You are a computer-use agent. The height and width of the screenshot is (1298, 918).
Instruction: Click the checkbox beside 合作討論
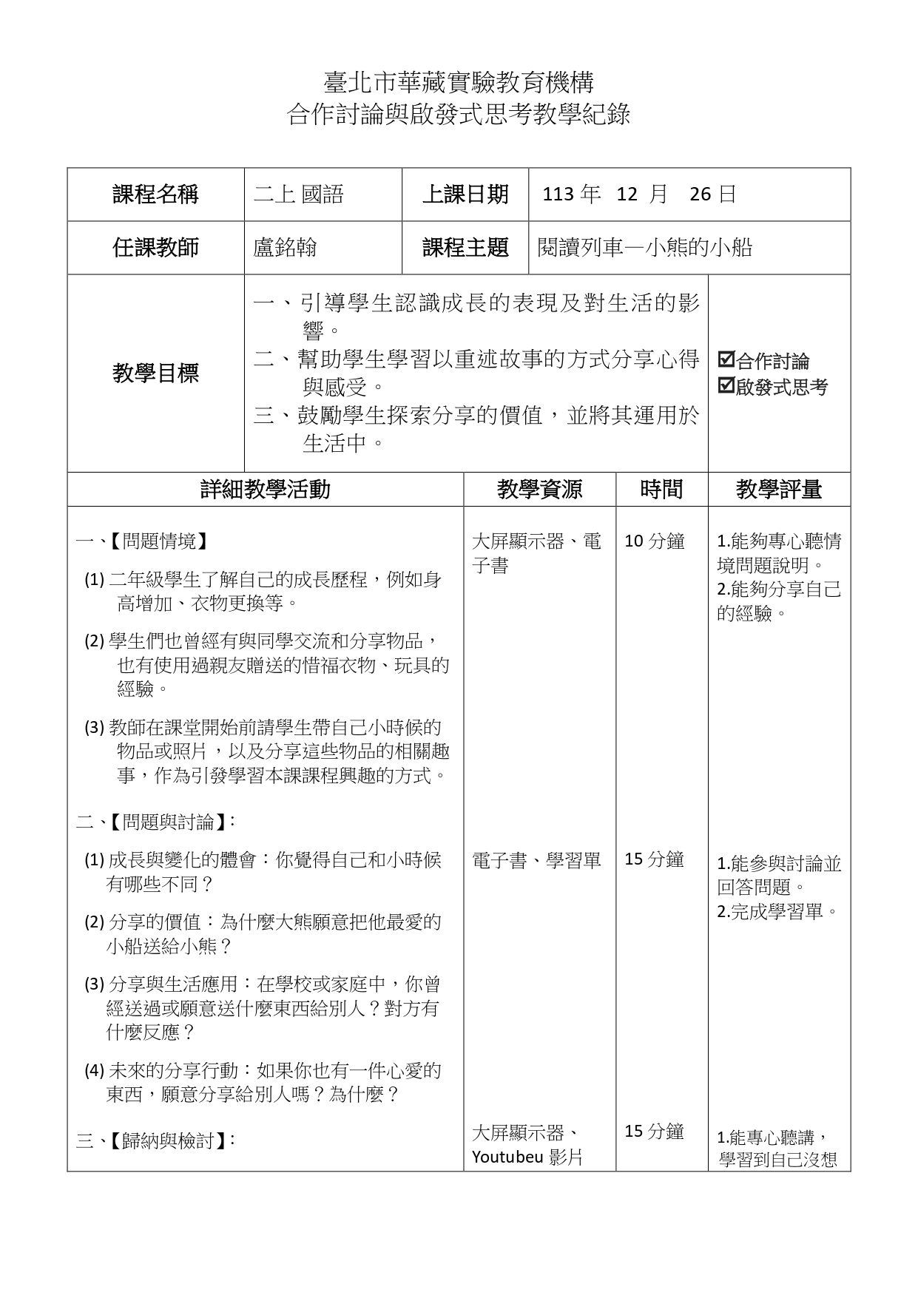[x=726, y=360]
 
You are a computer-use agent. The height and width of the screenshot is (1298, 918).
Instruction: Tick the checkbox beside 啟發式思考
[x=726, y=385]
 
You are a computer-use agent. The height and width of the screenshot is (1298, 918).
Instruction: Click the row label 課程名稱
[x=155, y=195]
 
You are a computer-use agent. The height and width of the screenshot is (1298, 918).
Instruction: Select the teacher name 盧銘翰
[x=285, y=248]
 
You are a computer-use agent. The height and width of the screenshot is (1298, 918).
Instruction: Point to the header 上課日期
[x=465, y=195]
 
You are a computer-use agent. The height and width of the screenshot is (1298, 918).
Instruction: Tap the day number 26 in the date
[x=700, y=195]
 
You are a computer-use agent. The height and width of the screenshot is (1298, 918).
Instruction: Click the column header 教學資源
[x=539, y=490]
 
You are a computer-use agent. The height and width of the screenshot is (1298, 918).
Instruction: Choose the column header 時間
[x=661, y=490]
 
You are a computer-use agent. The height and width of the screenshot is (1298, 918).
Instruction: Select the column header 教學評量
[x=779, y=490]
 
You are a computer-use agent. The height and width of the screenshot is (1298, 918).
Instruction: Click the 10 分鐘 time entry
[x=655, y=541]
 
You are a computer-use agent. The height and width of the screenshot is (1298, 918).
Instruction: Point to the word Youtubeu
[x=507, y=1157]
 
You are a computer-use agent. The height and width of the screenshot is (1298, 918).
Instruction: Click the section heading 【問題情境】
[x=158, y=541]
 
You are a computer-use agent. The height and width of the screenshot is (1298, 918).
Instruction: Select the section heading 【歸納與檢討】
[x=167, y=1140]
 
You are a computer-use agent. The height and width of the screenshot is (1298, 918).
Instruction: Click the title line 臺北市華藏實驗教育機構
[x=459, y=81]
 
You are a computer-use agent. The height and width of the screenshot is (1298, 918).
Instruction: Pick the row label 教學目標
[x=155, y=373]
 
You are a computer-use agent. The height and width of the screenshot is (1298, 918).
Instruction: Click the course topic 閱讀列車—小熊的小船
[x=645, y=248]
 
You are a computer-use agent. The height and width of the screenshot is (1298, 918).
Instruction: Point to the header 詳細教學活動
[x=266, y=490]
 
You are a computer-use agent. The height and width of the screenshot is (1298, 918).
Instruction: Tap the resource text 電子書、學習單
[x=536, y=860]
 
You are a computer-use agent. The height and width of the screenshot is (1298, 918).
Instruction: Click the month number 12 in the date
[x=627, y=195]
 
